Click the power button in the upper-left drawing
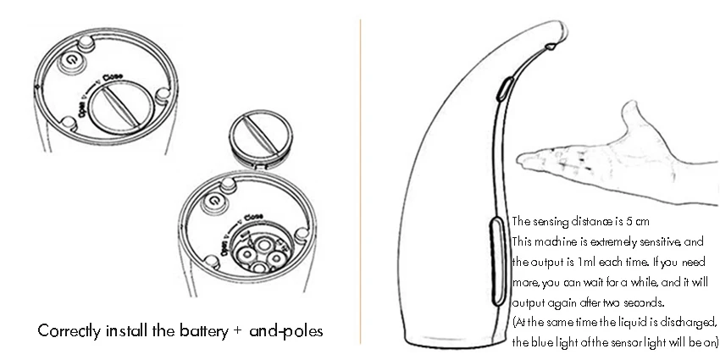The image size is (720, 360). pos(72,60)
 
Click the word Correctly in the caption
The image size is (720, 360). pos(68,330)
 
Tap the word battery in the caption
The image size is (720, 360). pos(197,330)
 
